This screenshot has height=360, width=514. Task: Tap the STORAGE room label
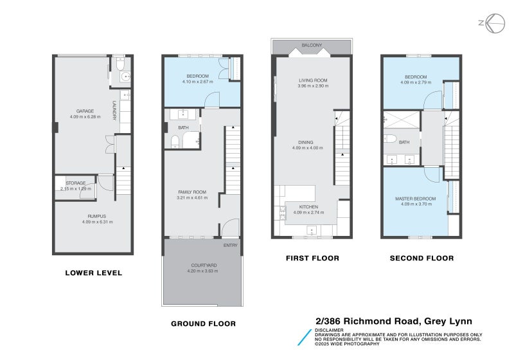pyautogui.click(x=75, y=183)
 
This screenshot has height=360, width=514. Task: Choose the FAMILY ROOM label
pyautogui.click(x=191, y=192)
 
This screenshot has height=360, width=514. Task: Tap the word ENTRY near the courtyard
pyautogui.click(x=229, y=245)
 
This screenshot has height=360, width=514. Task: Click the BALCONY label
pyautogui.click(x=312, y=46)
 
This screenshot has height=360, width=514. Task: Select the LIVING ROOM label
pyautogui.click(x=312, y=80)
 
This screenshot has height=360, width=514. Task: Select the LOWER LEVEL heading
pyautogui.click(x=93, y=273)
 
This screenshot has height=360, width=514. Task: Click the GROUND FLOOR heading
pyautogui.click(x=203, y=323)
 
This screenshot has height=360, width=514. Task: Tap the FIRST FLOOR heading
pyautogui.click(x=312, y=258)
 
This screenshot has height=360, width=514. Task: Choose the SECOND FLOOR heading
pyautogui.click(x=421, y=258)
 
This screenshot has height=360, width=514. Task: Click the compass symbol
pyautogui.click(x=493, y=24)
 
